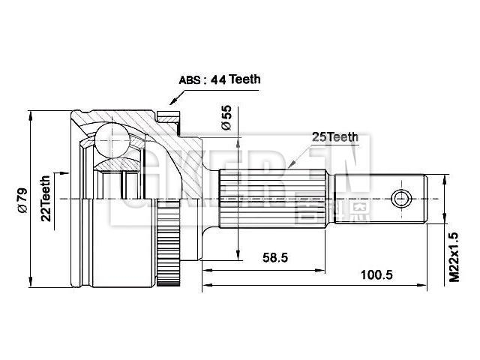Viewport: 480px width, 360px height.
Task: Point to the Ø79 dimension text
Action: tap(22, 199)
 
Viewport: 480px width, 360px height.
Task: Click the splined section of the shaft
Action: tap(273, 199)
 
